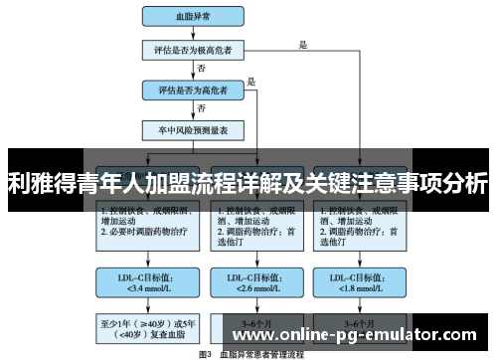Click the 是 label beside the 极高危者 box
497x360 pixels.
[302, 44]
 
